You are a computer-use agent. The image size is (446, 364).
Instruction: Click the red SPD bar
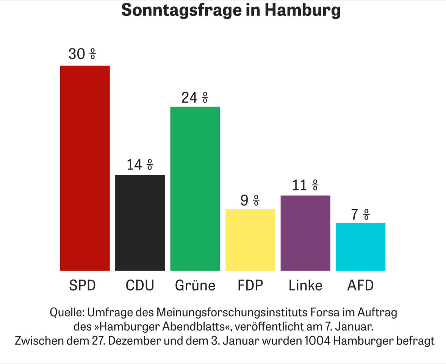pos(85,168)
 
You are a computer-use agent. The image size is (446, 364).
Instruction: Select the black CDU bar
pos(140,223)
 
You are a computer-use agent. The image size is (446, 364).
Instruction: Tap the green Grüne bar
pos(195,189)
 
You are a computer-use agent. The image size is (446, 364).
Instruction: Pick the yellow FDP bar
pos(250,240)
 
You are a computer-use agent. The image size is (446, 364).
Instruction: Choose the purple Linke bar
pos(305,233)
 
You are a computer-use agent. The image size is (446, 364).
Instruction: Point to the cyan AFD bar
pos(360,247)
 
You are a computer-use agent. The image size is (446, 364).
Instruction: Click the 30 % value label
pos(82,55)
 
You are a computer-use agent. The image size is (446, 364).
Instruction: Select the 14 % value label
pos(140,165)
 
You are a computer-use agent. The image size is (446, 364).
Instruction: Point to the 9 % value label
pos(250,200)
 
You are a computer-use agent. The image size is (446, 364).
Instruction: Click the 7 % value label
pos(360,215)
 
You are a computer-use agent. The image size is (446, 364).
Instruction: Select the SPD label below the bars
pos(82,285)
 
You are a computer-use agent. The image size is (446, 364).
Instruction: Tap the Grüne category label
pos(195,285)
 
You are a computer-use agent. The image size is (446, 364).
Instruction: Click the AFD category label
pos(360,285)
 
